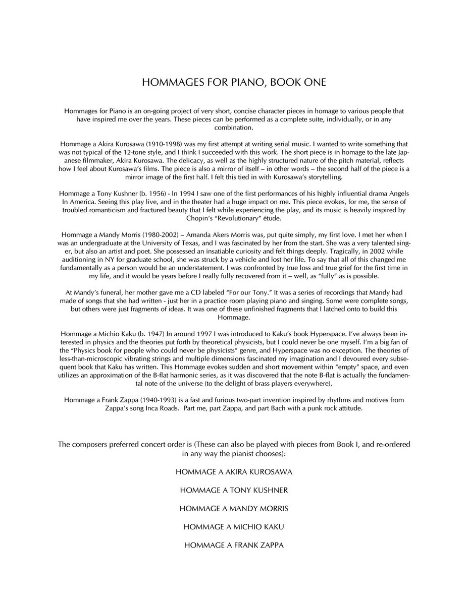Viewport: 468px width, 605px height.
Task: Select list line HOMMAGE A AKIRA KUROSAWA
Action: click(234, 472)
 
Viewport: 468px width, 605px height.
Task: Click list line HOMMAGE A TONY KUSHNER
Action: click(234, 491)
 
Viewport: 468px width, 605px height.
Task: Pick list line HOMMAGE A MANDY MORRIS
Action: click(234, 509)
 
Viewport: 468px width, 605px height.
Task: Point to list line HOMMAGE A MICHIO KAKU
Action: click(234, 527)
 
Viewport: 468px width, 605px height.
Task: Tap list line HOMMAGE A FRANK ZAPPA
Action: click(234, 545)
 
